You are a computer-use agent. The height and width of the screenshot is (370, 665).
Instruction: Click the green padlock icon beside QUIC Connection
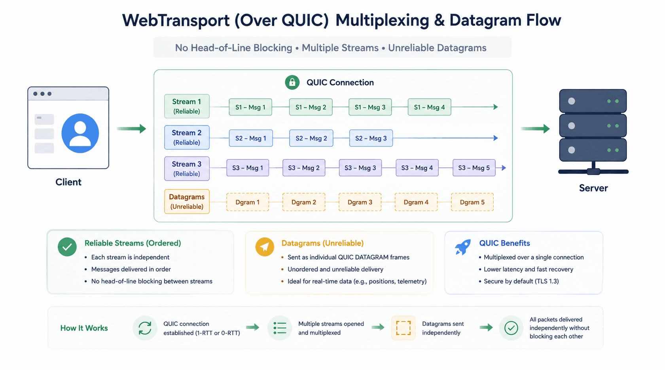pyautogui.click(x=292, y=82)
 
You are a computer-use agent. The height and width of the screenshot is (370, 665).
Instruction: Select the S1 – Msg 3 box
pyautogui.click(x=370, y=107)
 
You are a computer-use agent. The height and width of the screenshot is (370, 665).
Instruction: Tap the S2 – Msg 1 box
pyautogui.click(x=251, y=138)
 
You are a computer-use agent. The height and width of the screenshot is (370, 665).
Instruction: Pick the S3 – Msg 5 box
pyautogui.click(x=474, y=168)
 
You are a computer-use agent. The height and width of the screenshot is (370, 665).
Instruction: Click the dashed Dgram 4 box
pyautogui.click(x=416, y=202)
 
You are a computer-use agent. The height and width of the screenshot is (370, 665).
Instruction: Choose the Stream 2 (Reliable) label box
pyautogui.click(x=187, y=137)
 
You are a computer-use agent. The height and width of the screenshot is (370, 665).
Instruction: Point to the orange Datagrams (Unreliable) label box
pyautogui.click(x=187, y=202)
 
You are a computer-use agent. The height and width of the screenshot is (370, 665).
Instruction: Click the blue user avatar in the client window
pyautogui.click(x=80, y=133)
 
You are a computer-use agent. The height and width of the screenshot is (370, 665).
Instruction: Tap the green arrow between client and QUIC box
pyautogui.click(x=131, y=129)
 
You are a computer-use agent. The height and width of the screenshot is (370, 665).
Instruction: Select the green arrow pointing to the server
pyautogui.click(x=535, y=129)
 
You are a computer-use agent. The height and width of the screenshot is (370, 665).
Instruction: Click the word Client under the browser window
pyautogui.click(x=68, y=182)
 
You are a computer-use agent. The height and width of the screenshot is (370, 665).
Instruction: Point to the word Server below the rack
pyautogui.click(x=593, y=188)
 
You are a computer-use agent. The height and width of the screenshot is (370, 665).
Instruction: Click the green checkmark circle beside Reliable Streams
pyautogui.click(x=67, y=247)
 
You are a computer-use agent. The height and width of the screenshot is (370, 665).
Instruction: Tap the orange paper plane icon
pyautogui.click(x=265, y=247)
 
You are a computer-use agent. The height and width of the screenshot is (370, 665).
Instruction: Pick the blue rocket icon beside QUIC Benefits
pyautogui.click(x=463, y=247)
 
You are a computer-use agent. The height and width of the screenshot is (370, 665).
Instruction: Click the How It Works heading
pyautogui.click(x=84, y=328)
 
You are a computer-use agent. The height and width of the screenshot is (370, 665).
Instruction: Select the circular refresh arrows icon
pyautogui.click(x=145, y=328)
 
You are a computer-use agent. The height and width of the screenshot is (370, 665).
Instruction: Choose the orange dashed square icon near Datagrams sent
pyautogui.click(x=403, y=328)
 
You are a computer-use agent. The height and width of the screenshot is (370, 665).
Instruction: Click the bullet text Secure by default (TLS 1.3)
pyautogui.click(x=521, y=281)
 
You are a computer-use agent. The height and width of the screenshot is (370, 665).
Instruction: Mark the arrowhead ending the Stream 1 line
pyautogui.click(x=495, y=107)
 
